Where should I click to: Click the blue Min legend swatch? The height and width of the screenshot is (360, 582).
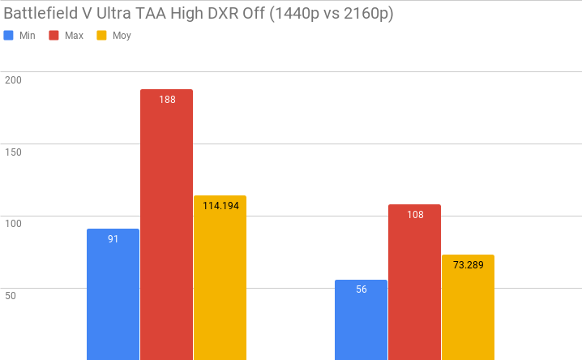pos(9,36)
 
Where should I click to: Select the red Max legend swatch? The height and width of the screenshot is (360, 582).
pos(54,36)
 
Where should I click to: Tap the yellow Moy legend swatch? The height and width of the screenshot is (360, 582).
pos(102,36)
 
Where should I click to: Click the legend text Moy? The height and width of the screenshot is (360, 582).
pos(122,36)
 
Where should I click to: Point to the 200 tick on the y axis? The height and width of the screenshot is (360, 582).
pos(13,79)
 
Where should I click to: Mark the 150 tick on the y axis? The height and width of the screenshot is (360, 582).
pos(13,152)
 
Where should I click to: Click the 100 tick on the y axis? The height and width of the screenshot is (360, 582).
pos(13,223)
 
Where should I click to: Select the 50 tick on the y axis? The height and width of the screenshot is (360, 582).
pos(11,295)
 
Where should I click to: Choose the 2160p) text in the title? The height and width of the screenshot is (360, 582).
pos(366,14)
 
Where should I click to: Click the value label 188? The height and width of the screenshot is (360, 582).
pos(167,100)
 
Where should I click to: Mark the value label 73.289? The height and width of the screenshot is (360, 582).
pos(468,264)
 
